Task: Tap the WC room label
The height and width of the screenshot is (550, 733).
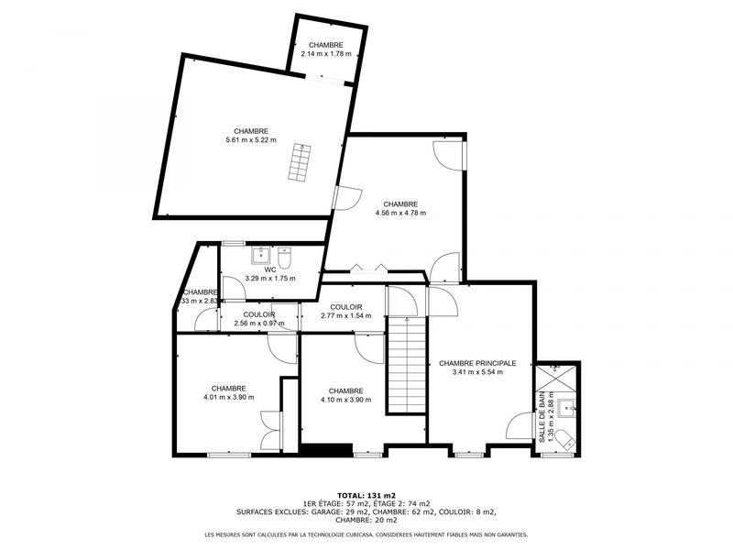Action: click(270, 269)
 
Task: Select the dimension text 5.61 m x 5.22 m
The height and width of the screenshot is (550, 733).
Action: click(251, 140)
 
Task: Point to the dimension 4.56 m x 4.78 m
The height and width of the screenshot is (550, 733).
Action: click(400, 213)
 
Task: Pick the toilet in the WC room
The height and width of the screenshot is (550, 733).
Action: click(284, 253)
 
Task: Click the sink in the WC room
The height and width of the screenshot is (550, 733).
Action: click(259, 253)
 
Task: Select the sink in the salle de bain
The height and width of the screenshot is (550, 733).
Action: click(569, 409)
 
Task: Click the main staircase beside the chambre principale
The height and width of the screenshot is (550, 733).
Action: click(406, 363)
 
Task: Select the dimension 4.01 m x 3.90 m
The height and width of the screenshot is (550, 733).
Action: click(228, 397)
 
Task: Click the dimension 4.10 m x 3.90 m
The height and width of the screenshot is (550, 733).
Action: click(345, 399)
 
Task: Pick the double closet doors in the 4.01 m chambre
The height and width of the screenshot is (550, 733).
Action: click(269, 430)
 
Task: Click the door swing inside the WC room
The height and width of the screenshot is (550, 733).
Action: click(233, 288)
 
